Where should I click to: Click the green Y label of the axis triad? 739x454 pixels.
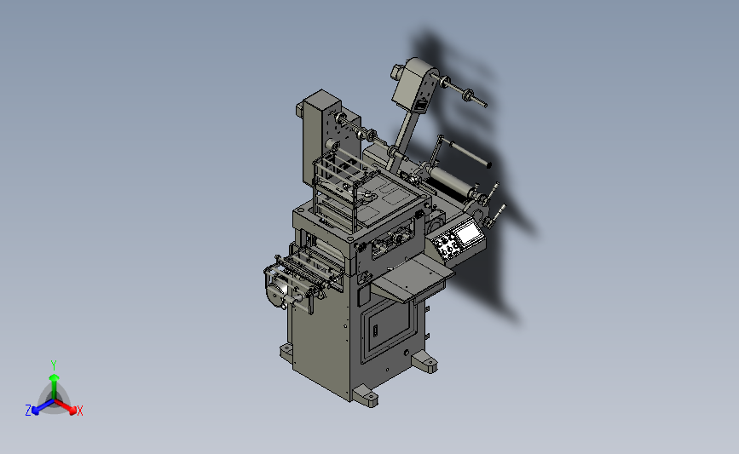[x=54, y=365]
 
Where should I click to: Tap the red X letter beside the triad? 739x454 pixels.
[x=79, y=411]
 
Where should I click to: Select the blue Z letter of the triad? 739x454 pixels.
[x=28, y=411]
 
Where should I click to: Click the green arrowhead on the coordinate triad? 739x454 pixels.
[x=54, y=377]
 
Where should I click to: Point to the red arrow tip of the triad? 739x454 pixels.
[x=72, y=411]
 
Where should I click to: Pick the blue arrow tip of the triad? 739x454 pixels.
[x=35, y=411]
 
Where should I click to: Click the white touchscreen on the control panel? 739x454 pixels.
[x=467, y=234]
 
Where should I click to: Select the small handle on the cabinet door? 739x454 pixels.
[x=376, y=330]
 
